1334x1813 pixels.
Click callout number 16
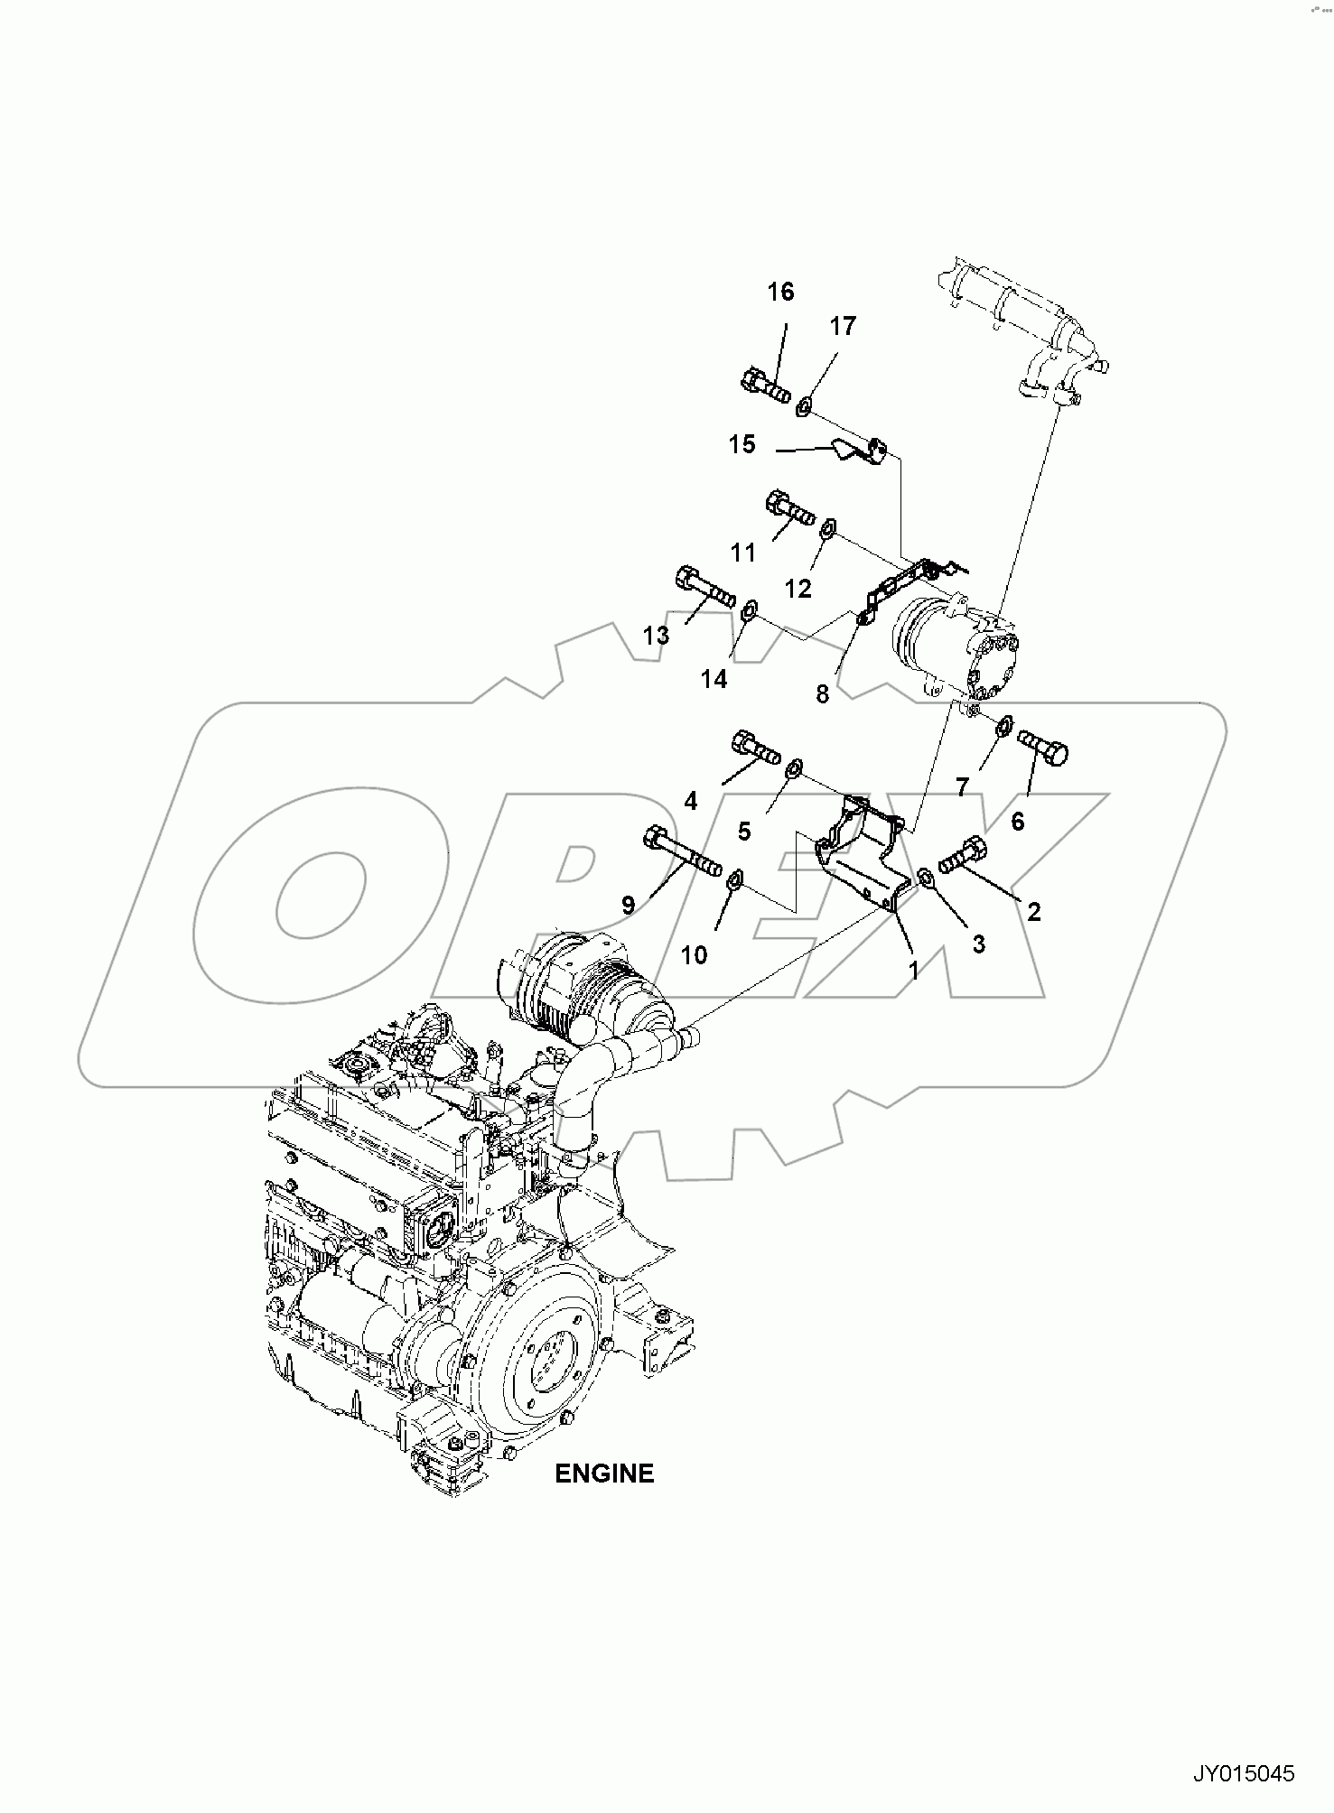click(x=781, y=292)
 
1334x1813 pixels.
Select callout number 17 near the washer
click(x=842, y=327)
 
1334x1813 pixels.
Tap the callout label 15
click(x=742, y=445)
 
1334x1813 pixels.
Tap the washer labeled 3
click(x=926, y=876)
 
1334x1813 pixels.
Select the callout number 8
click(x=822, y=694)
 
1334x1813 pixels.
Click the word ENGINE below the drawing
click(x=603, y=1474)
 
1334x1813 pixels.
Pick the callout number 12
click(x=798, y=589)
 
